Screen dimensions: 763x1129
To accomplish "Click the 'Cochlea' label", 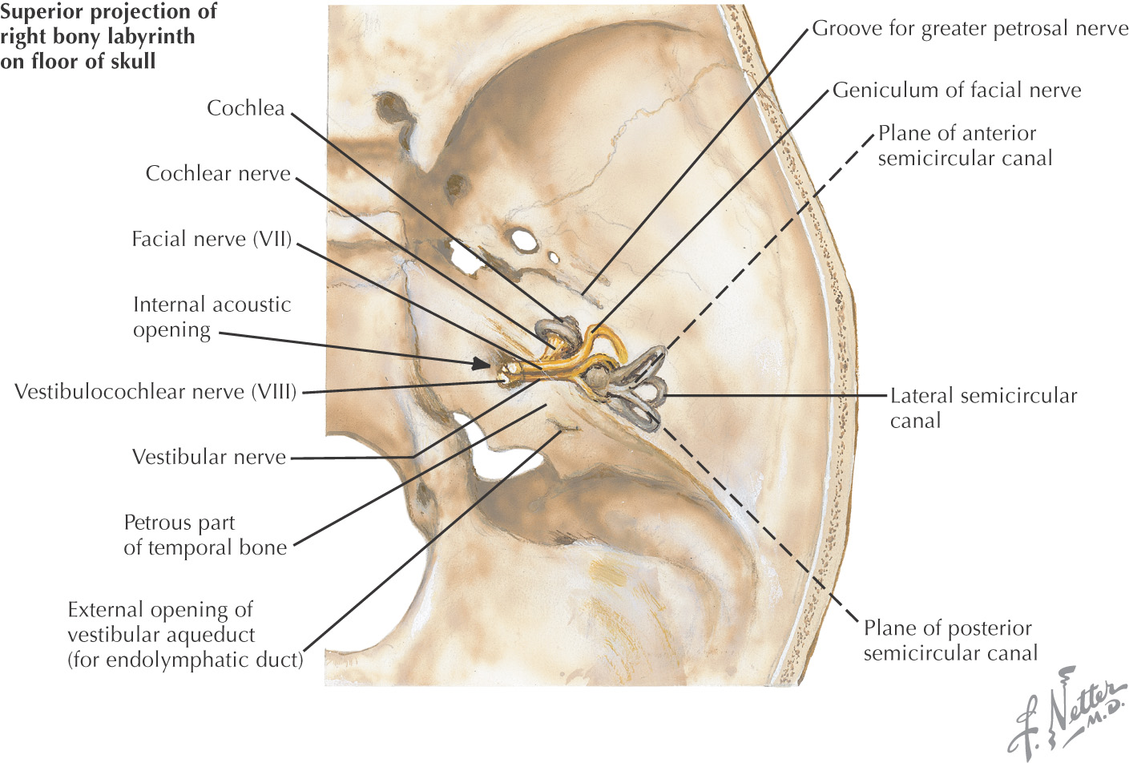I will pos(245,108).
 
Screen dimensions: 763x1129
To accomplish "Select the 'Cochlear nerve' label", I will pos(218,174).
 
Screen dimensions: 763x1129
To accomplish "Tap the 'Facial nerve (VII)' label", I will pos(212,239).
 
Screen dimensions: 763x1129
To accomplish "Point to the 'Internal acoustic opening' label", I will pos(212,317).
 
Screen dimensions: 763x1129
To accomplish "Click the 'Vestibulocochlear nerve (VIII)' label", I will pos(155,392).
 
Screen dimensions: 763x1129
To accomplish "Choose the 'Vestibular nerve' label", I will pos(209,458).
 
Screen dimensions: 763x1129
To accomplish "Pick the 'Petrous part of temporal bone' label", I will pos(205,535).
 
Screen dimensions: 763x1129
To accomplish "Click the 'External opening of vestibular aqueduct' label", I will pos(185,635).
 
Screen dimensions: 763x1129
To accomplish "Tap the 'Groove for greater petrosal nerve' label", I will pos(970,29).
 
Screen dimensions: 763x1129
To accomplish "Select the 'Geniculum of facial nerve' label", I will pos(957,91).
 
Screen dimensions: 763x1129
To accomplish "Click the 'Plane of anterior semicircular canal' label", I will pos(965,146).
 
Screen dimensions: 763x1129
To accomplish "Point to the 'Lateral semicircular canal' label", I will pos(983,408).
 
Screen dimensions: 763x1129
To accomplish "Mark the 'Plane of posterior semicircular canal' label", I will pos(950,640).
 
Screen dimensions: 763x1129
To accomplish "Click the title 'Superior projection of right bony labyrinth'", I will pos(108,36).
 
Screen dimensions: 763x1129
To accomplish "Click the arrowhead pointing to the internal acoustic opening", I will pos(482,364).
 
